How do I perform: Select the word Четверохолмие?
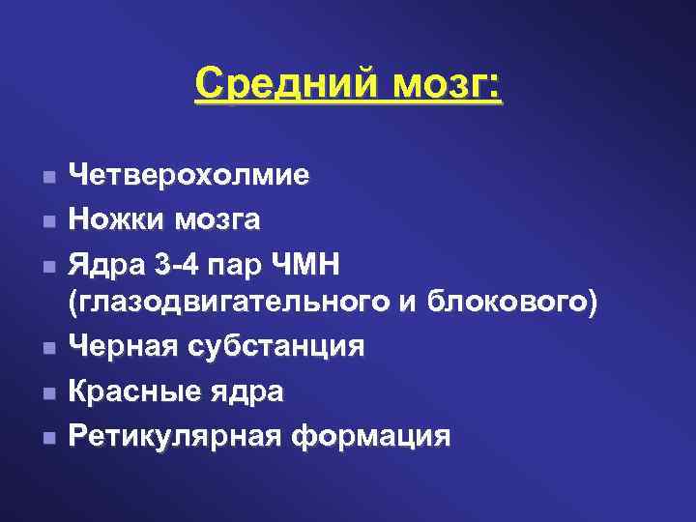(189, 175)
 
